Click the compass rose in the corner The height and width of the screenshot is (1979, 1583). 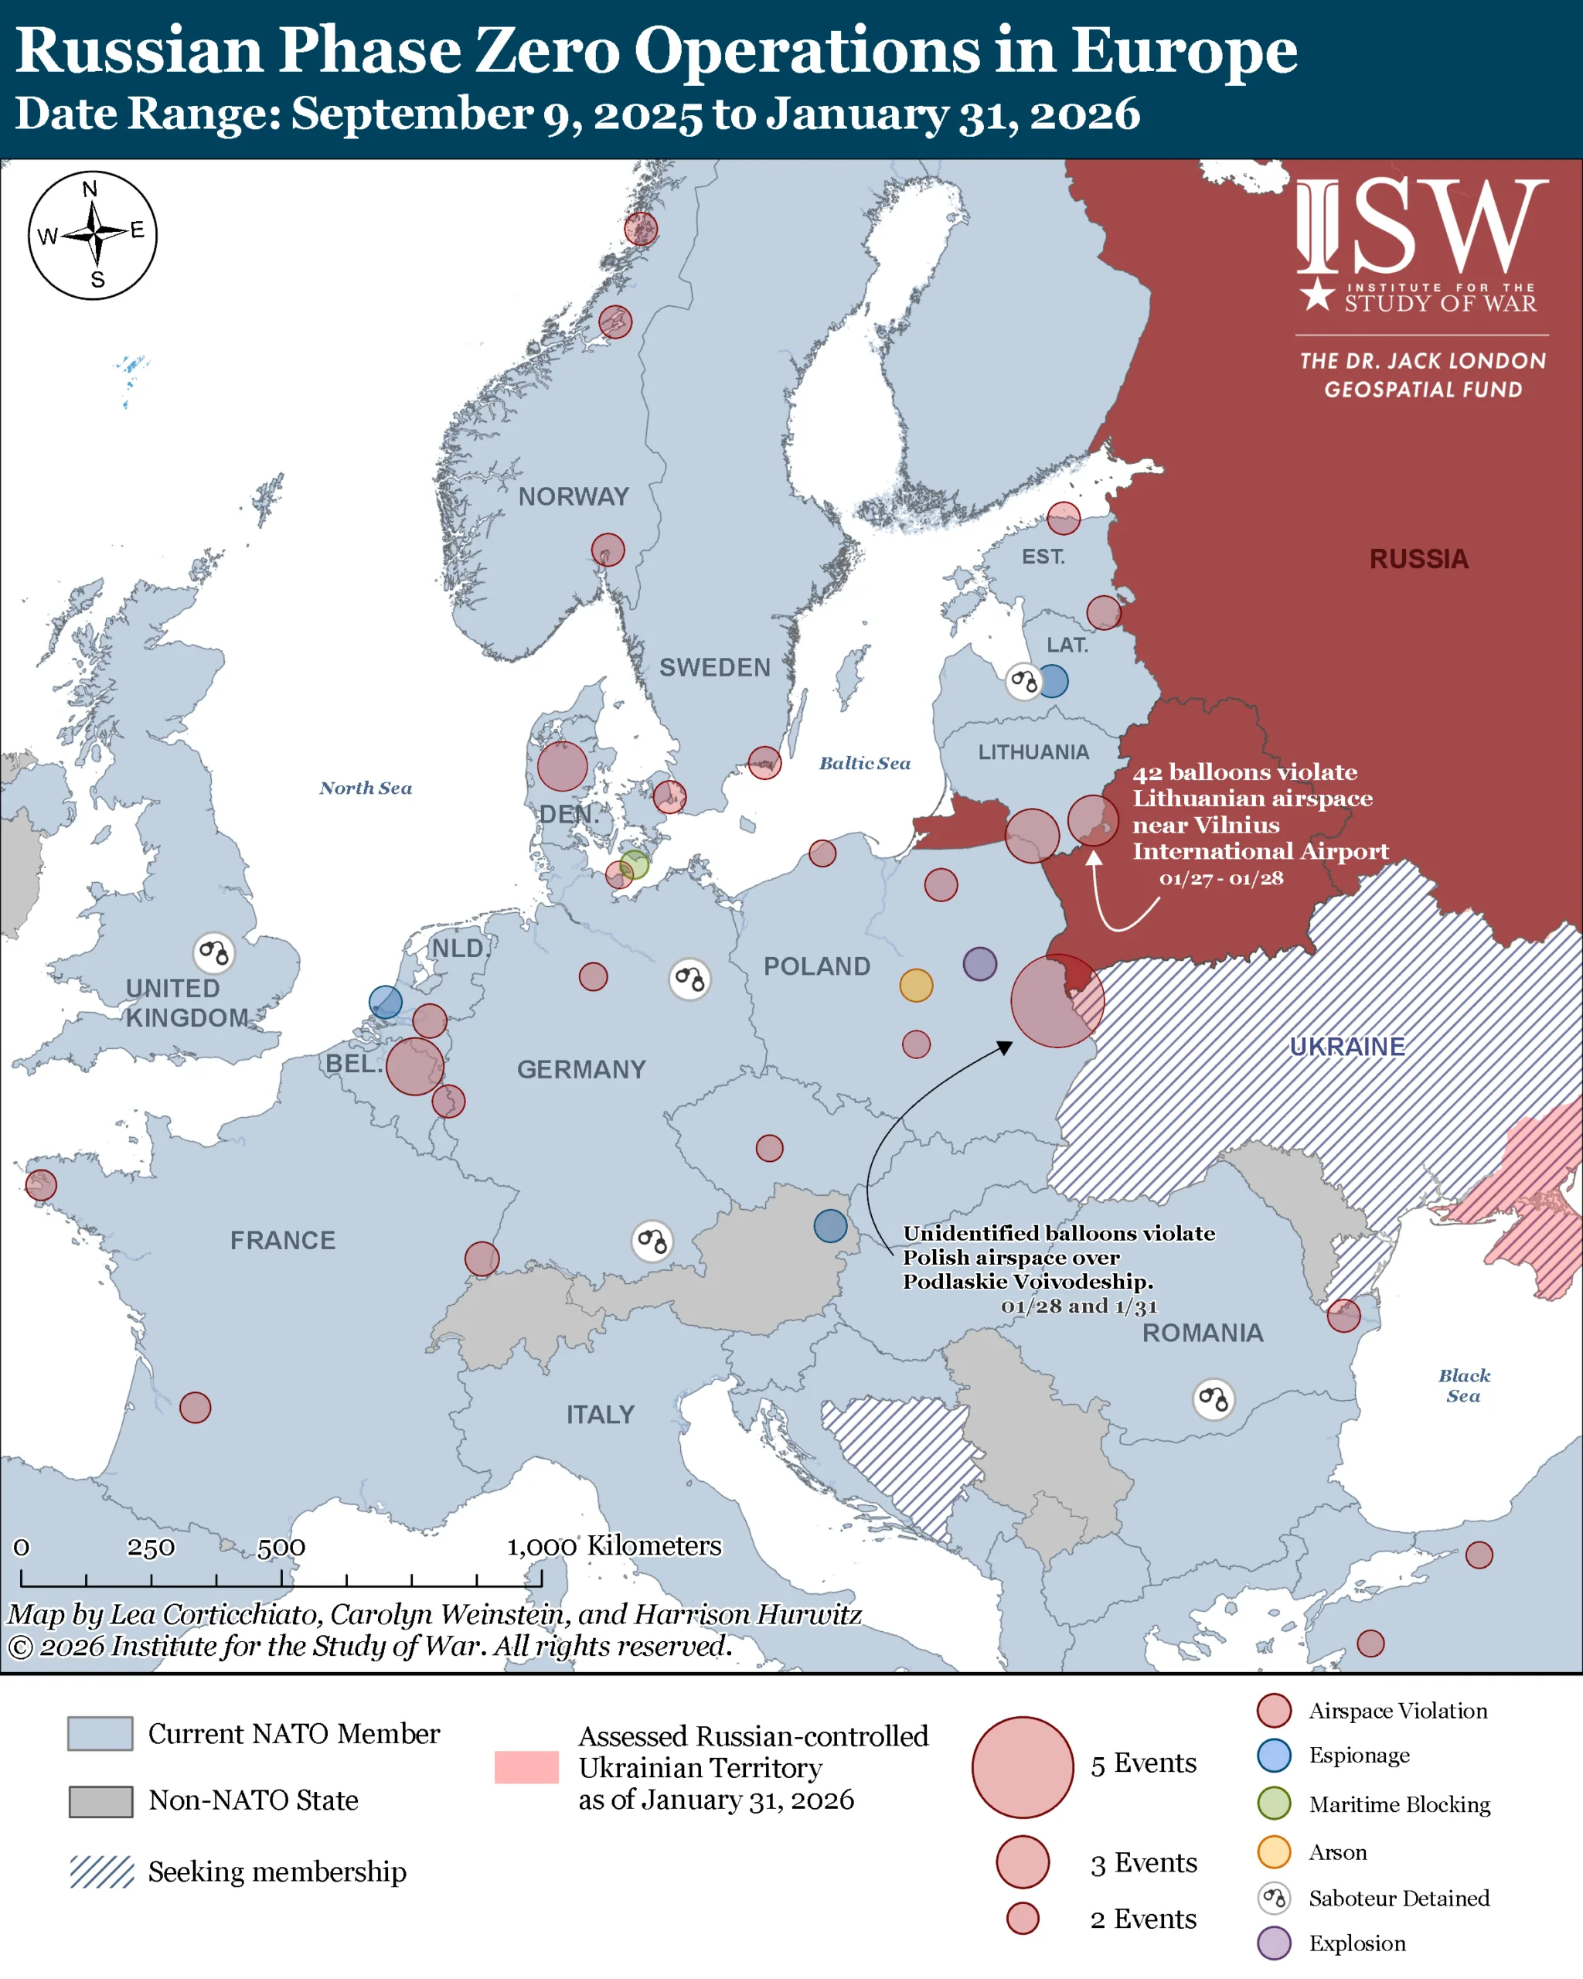tap(93, 234)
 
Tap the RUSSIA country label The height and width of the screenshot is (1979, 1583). tap(1418, 559)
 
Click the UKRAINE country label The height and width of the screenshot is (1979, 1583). tap(1346, 1047)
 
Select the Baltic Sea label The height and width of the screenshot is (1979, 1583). tap(864, 763)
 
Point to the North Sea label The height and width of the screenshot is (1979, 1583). tap(366, 788)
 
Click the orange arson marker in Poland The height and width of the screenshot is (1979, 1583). tap(916, 985)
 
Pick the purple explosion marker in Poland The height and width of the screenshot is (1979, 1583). tap(979, 964)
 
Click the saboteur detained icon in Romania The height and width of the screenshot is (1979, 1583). tap(1214, 1399)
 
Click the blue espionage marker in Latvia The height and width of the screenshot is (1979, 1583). tap(1053, 681)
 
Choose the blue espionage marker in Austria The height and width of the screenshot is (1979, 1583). tap(830, 1225)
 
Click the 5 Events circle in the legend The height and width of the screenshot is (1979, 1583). tap(1023, 1767)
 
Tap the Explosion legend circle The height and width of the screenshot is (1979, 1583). tap(1274, 1943)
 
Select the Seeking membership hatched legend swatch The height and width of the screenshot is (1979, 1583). tap(102, 1872)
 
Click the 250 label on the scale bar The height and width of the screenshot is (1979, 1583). tap(151, 1548)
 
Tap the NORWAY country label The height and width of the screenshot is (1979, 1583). tap(574, 496)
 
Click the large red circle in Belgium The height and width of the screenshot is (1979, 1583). tap(415, 1066)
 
